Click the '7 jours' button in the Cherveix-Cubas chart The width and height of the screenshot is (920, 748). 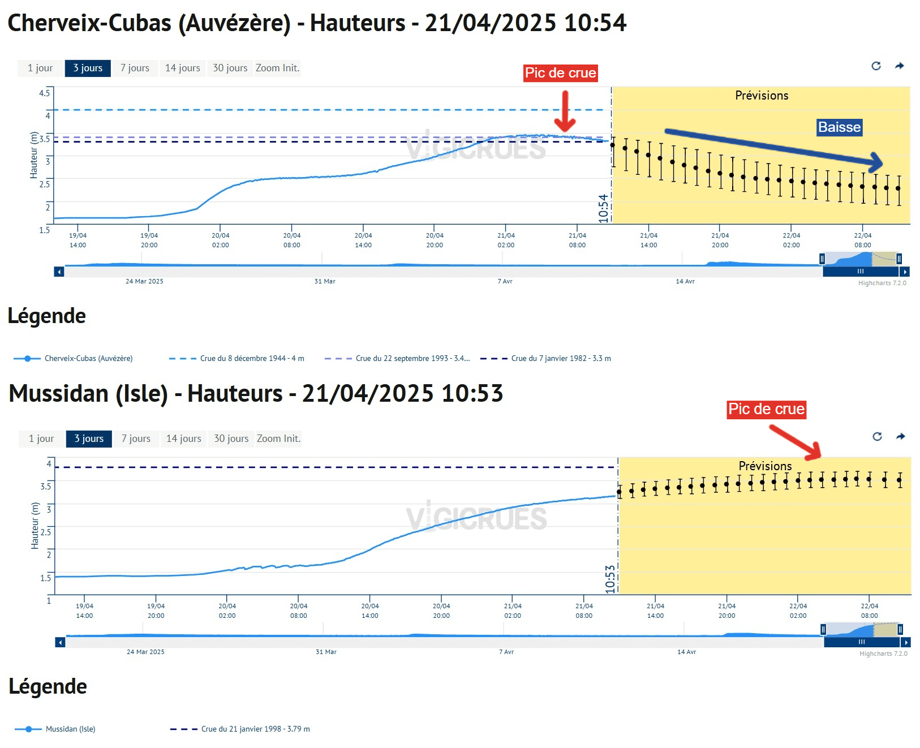[x=135, y=68]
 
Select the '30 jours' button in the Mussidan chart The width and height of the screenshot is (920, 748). [x=231, y=439]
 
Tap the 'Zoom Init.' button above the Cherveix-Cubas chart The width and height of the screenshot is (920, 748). [x=277, y=68]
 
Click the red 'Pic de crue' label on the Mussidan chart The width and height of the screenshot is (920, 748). [x=766, y=409]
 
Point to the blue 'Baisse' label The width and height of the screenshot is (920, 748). [x=839, y=127]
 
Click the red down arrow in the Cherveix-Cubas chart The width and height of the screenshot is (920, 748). [x=565, y=111]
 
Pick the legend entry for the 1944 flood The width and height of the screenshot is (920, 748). [x=252, y=358]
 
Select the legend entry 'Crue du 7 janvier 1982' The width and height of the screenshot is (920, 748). [x=560, y=358]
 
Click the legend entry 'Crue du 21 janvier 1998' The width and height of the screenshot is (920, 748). [x=255, y=729]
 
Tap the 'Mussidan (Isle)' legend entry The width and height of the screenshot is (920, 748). [x=70, y=729]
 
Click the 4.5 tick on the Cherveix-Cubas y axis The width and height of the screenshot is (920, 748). [x=44, y=93]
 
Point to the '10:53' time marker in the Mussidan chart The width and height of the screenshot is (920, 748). [x=610, y=579]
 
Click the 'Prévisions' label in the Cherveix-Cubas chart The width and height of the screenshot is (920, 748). [x=762, y=96]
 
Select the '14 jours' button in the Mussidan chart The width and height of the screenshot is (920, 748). [x=183, y=439]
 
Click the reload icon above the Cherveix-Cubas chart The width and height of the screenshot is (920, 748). [x=876, y=66]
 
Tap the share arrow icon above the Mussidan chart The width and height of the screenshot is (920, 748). [x=901, y=436]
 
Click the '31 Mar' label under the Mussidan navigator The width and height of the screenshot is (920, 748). [x=326, y=652]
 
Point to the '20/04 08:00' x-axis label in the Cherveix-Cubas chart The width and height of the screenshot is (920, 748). [x=292, y=240]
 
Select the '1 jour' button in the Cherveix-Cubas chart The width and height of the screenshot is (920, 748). [x=40, y=68]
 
